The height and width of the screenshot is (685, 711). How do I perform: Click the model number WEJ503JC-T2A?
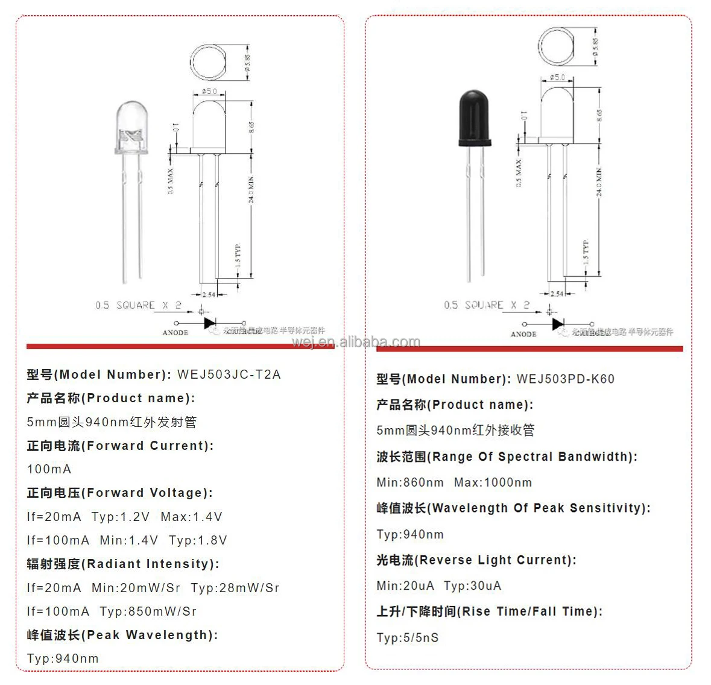pos(229,374)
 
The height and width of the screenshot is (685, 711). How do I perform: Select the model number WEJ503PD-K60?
pos(565,379)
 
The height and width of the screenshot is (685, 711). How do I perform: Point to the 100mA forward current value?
pos(49,469)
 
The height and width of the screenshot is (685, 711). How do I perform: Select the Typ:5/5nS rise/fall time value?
pos(408,638)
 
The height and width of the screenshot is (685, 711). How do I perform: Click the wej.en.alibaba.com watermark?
pos(356,342)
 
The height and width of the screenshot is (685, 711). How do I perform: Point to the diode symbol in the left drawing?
pos(210,324)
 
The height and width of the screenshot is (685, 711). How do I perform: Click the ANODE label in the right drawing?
pos(523,334)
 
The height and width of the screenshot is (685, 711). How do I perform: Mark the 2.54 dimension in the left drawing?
pos(209,295)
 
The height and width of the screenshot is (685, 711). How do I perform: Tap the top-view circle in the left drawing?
pos(209,62)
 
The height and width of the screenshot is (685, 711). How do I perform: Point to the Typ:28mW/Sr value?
pos(235,588)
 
